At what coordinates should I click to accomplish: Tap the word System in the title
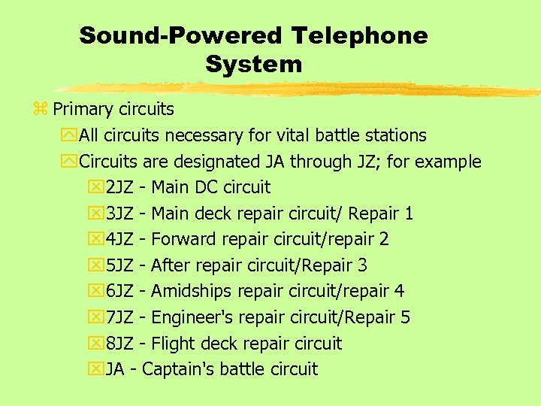point(253,65)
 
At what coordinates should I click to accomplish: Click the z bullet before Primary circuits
point(41,110)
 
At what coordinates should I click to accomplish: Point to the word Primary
point(83,110)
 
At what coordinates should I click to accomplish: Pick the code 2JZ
point(120,187)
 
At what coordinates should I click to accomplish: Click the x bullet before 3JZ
point(95,214)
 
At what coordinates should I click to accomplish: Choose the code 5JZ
point(120,265)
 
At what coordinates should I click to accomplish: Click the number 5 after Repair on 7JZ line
point(405,317)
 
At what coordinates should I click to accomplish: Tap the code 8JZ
point(120,344)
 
